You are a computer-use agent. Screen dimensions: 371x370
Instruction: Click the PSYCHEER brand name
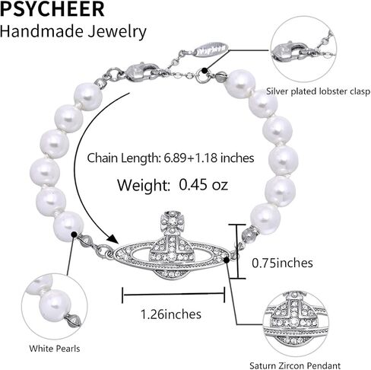coord(52,9)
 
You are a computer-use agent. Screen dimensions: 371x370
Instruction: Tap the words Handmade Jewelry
coord(73,32)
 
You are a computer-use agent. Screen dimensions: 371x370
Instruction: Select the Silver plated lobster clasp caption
coord(318,91)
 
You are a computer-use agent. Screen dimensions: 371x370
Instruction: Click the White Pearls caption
coord(55,349)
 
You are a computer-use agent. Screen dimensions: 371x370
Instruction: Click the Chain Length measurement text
coord(170,158)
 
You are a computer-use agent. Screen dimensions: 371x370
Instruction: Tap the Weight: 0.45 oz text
coord(173,185)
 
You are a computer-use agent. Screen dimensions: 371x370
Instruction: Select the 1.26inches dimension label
coord(171,314)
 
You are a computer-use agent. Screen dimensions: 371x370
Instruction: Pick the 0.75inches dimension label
coord(282,263)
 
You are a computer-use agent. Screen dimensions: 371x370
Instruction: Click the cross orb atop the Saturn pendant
coord(173,222)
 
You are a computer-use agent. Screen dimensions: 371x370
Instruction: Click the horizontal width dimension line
coord(173,295)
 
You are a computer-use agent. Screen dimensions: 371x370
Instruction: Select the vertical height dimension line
coord(237,251)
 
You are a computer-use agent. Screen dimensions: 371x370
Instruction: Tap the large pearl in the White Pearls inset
coord(55,305)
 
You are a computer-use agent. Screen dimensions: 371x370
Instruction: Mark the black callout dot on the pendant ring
coord(227,260)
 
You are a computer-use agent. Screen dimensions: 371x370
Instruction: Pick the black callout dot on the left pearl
coord(74,234)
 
